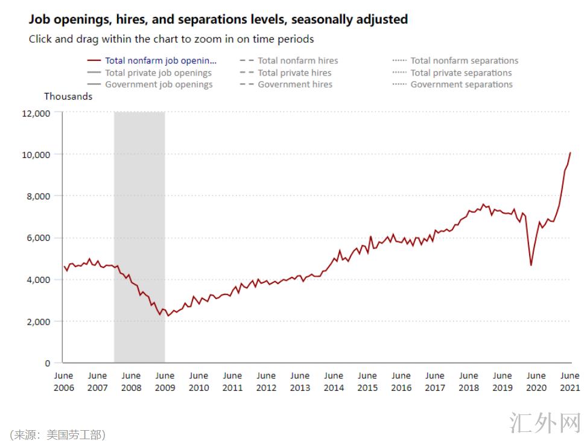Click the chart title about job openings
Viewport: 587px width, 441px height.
(x=218, y=19)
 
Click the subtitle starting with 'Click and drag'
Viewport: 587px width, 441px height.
(x=171, y=39)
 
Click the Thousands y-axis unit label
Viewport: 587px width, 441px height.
(x=68, y=97)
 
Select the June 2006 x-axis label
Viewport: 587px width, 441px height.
(x=63, y=381)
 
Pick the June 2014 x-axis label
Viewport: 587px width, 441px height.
(x=334, y=381)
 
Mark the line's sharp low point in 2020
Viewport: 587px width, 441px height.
(x=531, y=265)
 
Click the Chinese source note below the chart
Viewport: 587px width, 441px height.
(x=57, y=434)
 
